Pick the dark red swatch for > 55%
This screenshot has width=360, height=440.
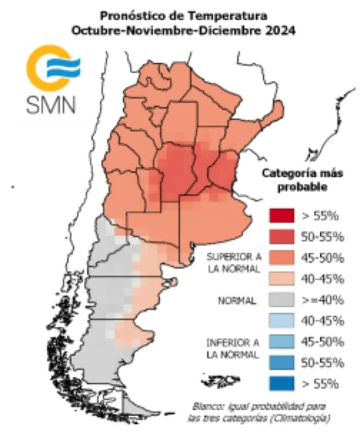282,216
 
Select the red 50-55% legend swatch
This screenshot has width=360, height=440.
282,237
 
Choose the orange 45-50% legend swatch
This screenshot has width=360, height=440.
282,258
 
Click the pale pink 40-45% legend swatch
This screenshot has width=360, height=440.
282,279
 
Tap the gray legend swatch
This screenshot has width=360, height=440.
282,300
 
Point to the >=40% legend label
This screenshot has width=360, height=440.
319,300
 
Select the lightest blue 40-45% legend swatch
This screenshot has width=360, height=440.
282,321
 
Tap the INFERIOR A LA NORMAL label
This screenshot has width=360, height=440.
233,349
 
